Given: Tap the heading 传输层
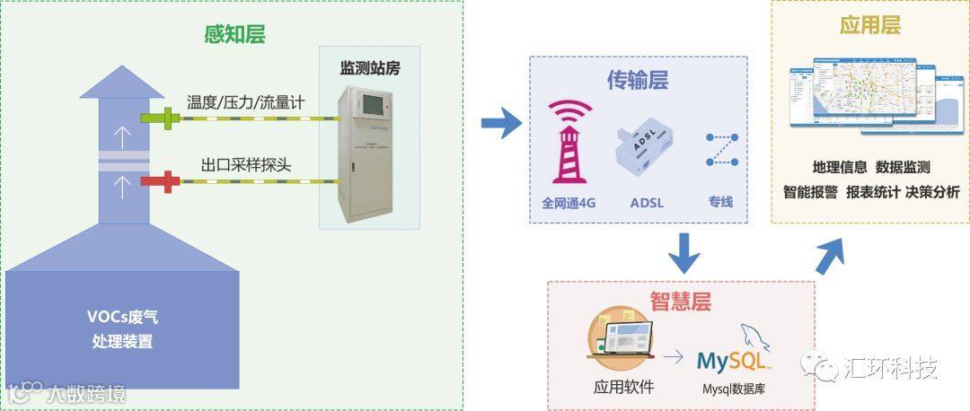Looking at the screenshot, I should tap(637, 82).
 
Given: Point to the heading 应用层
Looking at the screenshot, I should tap(869, 25).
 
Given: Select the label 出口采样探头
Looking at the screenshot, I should tap(245, 165).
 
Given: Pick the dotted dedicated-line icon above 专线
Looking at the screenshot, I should tap(721, 149).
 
